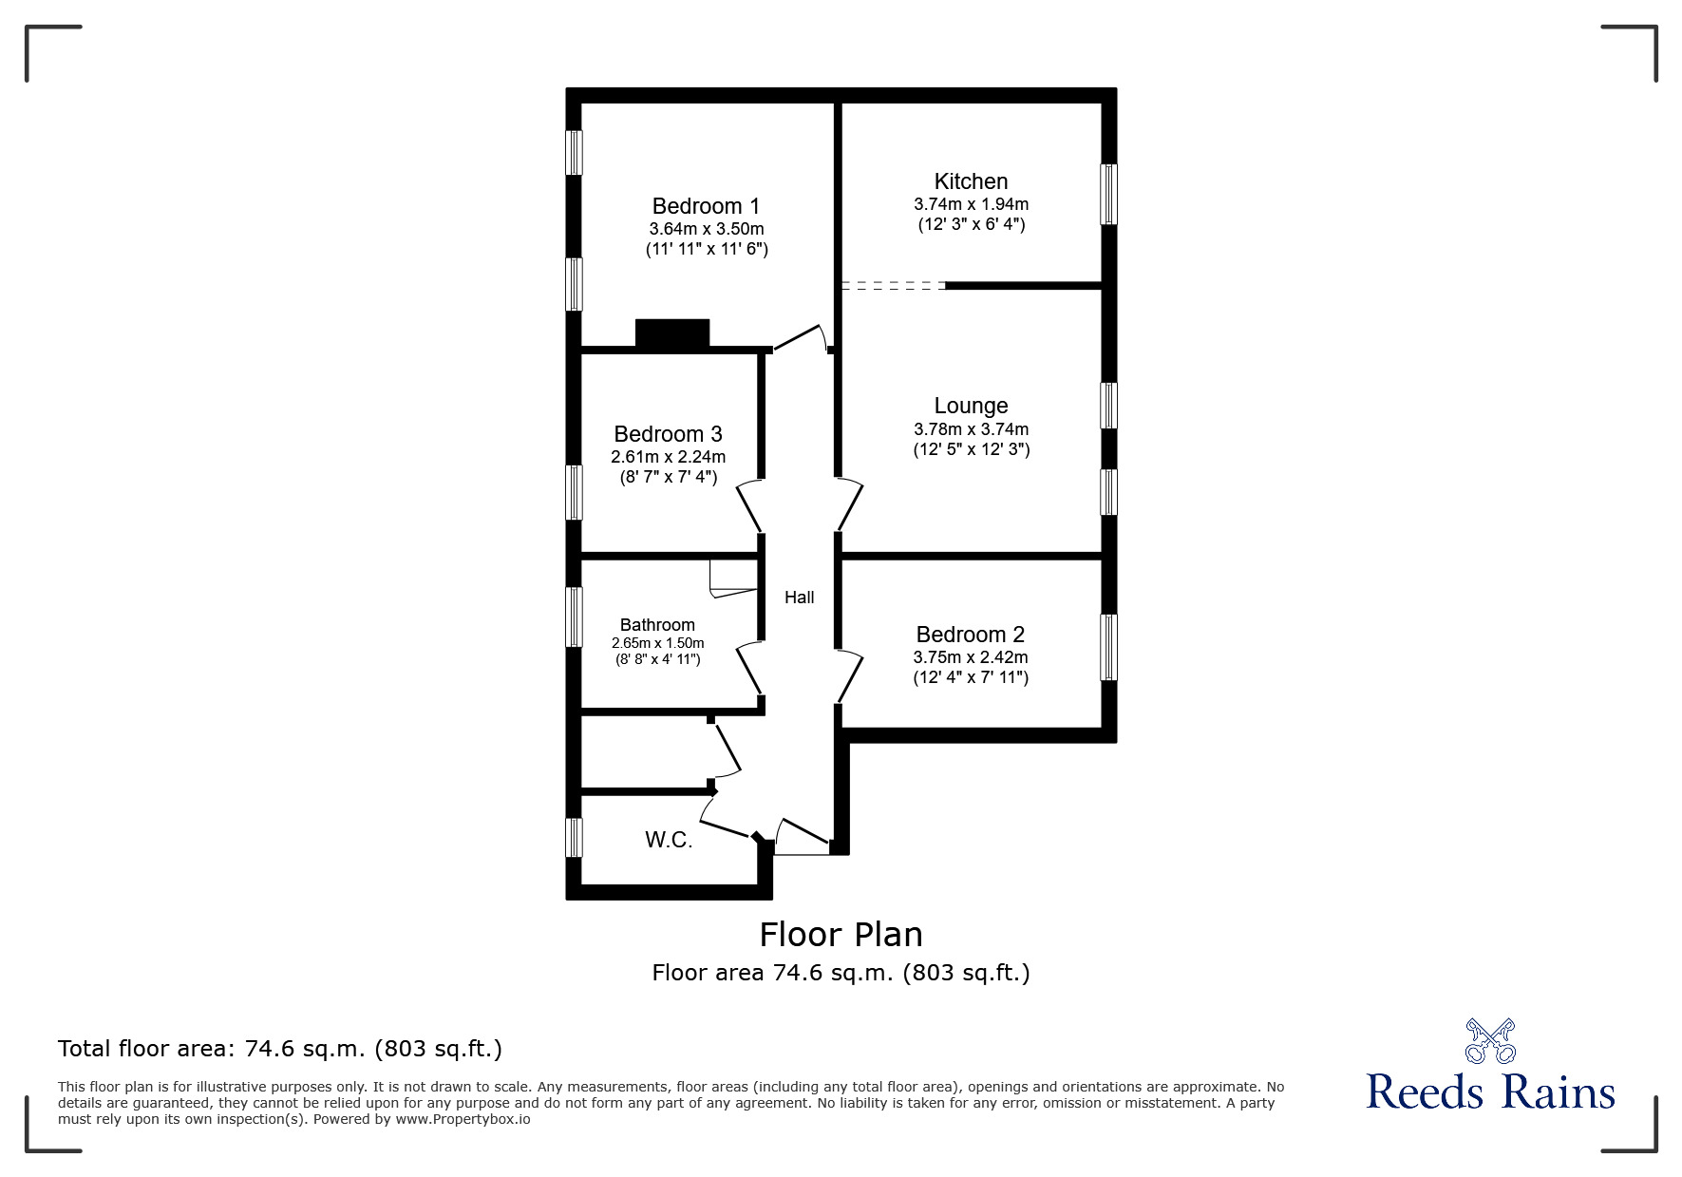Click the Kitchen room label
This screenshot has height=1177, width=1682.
tap(971, 181)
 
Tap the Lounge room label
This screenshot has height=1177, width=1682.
tap(971, 407)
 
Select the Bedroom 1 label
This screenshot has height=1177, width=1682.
tap(706, 206)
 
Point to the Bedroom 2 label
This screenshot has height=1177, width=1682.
tap(970, 635)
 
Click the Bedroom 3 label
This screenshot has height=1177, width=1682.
tap(668, 434)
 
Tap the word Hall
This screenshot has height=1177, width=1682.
tap(799, 598)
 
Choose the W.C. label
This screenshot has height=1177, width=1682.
tap(669, 840)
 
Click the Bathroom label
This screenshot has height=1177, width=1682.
tap(657, 625)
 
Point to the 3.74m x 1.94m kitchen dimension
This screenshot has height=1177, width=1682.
tap(971, 204)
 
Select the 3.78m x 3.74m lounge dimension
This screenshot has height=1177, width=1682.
tap(971, 429)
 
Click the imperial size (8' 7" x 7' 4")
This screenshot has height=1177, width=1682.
tap(668, 477)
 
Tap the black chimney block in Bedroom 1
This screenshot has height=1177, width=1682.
tap(672, 333)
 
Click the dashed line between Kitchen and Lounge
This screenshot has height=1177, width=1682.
tap(894, 285)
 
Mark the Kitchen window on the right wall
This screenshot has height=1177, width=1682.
tap(1108, 195)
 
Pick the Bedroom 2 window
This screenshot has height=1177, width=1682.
tap(1108, 647)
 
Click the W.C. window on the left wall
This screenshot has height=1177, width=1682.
tap(574, 838)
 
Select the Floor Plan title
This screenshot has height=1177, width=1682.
tap(841, 935)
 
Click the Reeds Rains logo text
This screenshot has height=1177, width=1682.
tap(1490, 1092)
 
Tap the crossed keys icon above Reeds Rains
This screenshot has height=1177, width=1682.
tap(1490, 1040)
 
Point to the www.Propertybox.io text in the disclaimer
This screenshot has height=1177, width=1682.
tap(463, 1119)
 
